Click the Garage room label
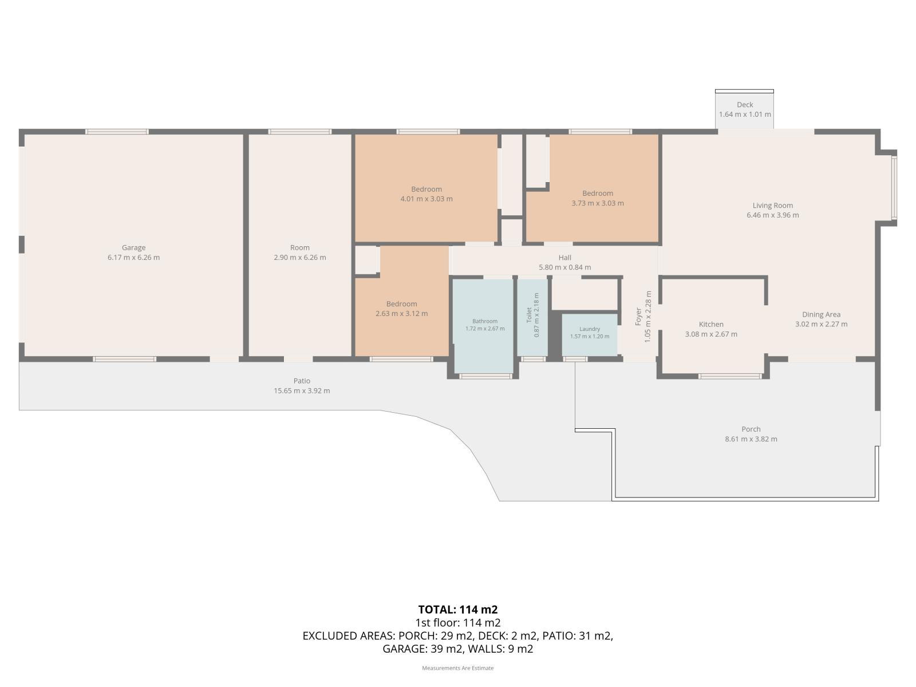point(133,248)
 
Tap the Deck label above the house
point(745,105)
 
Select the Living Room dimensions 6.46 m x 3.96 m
point(773,215)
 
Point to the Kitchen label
point(711,325)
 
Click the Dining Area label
point(822,314)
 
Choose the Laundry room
point(590,335)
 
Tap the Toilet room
point(532,318)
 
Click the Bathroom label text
point(485,321)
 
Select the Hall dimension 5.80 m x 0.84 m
point(564,267)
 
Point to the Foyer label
point(638,317)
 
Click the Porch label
point(751,429)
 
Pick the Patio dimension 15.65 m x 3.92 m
point(302,391)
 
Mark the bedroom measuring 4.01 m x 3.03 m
point(426,188)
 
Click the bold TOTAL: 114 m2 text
point(458,610)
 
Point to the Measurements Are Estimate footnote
point(458,668)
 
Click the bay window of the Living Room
point(894,187)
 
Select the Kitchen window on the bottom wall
point(730,376)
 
